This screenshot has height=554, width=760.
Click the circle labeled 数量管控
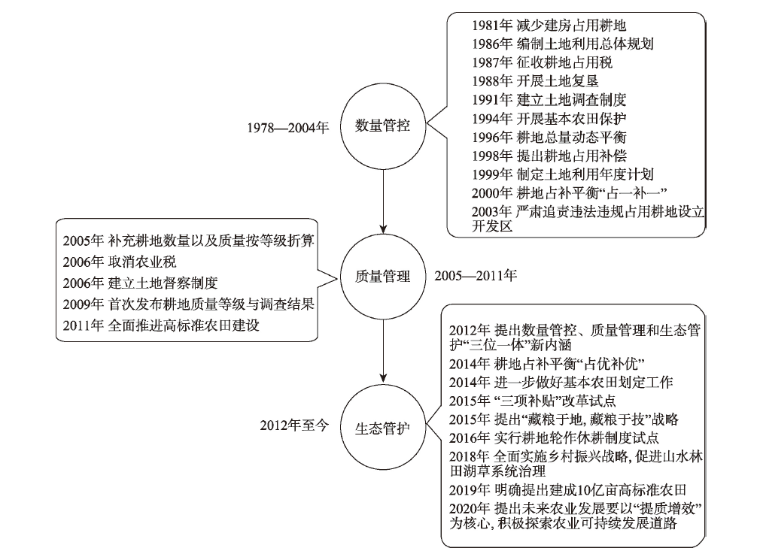382,125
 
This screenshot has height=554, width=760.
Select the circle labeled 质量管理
382,277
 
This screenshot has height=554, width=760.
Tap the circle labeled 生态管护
382,428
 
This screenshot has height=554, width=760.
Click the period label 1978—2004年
289,126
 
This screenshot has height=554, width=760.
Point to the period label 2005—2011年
476,276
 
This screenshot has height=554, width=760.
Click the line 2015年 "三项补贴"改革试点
532,399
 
